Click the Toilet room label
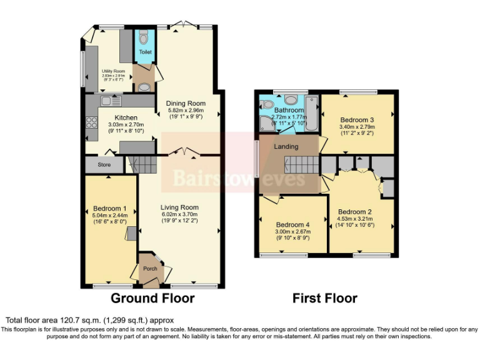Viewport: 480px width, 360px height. coord(145,52)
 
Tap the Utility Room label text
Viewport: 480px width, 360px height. coord(114,71)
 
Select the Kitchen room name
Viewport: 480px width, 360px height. coord(126,117)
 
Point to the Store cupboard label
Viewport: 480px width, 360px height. coord(104,166)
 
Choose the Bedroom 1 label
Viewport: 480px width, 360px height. coord(110,208)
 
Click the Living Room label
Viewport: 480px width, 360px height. coord(179,207)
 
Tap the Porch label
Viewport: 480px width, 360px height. coord(150,269)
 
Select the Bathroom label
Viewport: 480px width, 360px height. coord(288,110)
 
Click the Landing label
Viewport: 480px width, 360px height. coord(286,147)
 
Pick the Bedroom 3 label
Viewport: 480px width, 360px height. coord(357,119)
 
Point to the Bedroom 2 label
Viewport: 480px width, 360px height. coord(355,212)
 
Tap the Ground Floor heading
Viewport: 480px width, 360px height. coord(152,298)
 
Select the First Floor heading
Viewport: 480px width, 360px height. coord(325,298)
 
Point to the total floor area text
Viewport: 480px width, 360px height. coord(89,320)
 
